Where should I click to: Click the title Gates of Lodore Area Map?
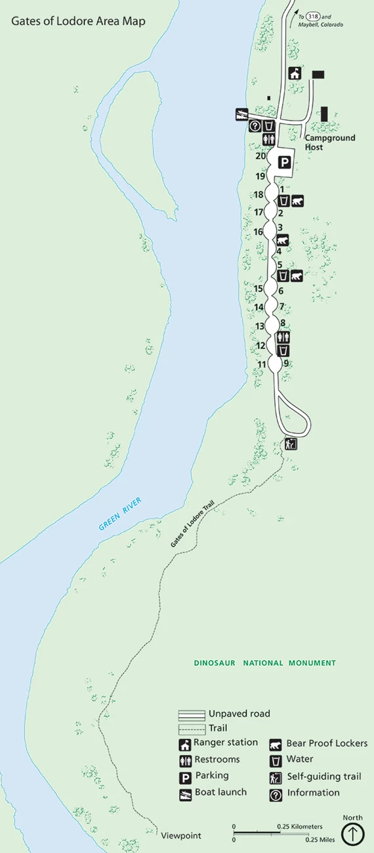tap(78, 22)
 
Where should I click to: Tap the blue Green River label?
tap(120, 514)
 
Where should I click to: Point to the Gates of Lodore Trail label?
tap(192, 525)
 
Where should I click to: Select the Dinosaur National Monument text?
tap(264, 663)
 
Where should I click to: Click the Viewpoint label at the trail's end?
tap(181, 835)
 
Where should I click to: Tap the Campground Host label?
tap(329, 142)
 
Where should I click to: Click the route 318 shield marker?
tap(312, 16)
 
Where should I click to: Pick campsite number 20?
tap(260, 156)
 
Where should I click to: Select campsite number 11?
tap(262, 365)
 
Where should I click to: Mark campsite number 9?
tap(286, 363)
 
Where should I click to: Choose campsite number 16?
tap(258, 232)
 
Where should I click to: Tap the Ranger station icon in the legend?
tap(186, 745)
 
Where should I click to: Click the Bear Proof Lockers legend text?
tap(327, 743)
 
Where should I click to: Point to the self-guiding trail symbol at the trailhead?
tap(291, 444)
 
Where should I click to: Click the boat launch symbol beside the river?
tap(241, 114)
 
